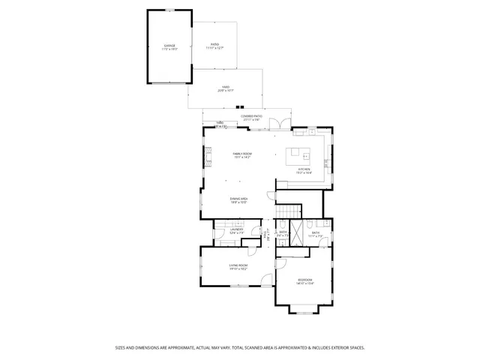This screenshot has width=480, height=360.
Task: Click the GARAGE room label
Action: [x=169, y=47]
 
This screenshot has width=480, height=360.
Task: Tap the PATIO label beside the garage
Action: [x=215, y=47]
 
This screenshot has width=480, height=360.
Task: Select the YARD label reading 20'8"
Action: [x=225, y=88]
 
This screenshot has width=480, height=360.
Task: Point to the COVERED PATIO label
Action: [x=251, y=118]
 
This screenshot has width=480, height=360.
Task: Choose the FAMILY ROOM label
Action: [x=241, y=155]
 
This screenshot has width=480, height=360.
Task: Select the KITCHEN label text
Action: [x=304, y=171]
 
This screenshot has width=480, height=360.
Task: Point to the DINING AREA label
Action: [x=238, y=199]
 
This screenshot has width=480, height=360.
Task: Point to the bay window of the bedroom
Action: [x=304, y=310]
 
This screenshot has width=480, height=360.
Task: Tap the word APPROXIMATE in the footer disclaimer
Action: [x=169, y=348]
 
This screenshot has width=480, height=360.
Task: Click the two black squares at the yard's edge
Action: [x=241, y=106]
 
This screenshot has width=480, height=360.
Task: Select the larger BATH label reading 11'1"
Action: [x=316, y=234]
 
